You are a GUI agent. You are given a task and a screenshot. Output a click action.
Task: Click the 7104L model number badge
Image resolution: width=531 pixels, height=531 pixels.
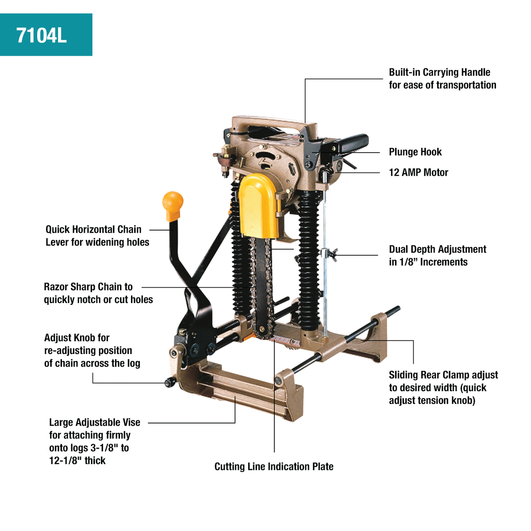[42, 35]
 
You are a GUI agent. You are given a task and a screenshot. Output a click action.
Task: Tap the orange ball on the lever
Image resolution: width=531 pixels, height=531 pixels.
[173, 202]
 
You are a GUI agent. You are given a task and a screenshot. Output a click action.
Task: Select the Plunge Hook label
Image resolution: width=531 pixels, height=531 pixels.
[415, 152]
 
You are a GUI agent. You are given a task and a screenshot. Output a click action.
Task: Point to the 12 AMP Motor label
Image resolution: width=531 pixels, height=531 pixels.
[418, 173]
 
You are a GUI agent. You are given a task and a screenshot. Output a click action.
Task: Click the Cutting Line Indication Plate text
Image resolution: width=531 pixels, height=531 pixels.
[274, 466]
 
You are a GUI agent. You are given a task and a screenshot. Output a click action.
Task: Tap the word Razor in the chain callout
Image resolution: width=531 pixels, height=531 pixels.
[56, 287]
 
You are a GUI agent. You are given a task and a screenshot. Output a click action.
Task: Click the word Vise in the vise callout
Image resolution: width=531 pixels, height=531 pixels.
[131, 423]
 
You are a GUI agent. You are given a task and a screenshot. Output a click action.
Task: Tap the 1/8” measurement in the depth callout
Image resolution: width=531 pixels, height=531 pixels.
[408, 262]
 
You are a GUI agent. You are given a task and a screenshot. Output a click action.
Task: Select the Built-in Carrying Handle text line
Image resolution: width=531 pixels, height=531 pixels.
[439, 73]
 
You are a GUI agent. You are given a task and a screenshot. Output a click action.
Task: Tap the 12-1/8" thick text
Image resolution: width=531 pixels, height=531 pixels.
[77, 461]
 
